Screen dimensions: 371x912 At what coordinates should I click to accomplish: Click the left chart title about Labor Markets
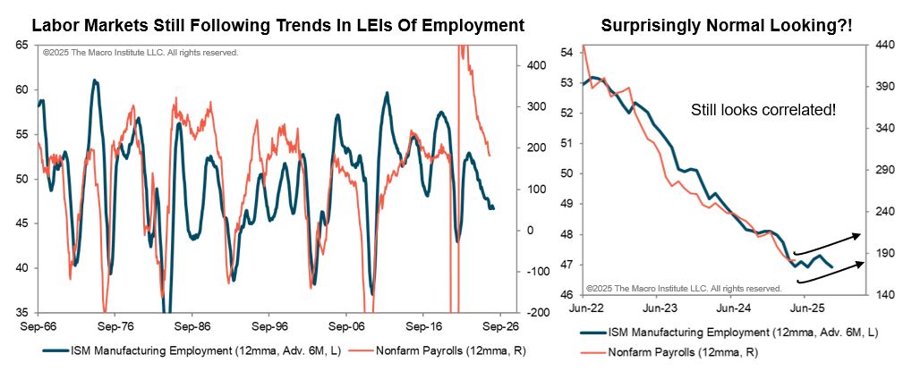(x=277, y=25)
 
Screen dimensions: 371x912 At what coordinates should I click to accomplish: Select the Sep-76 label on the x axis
(x=115, y=326)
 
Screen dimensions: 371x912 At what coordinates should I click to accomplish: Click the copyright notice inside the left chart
(x=141, y=53)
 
